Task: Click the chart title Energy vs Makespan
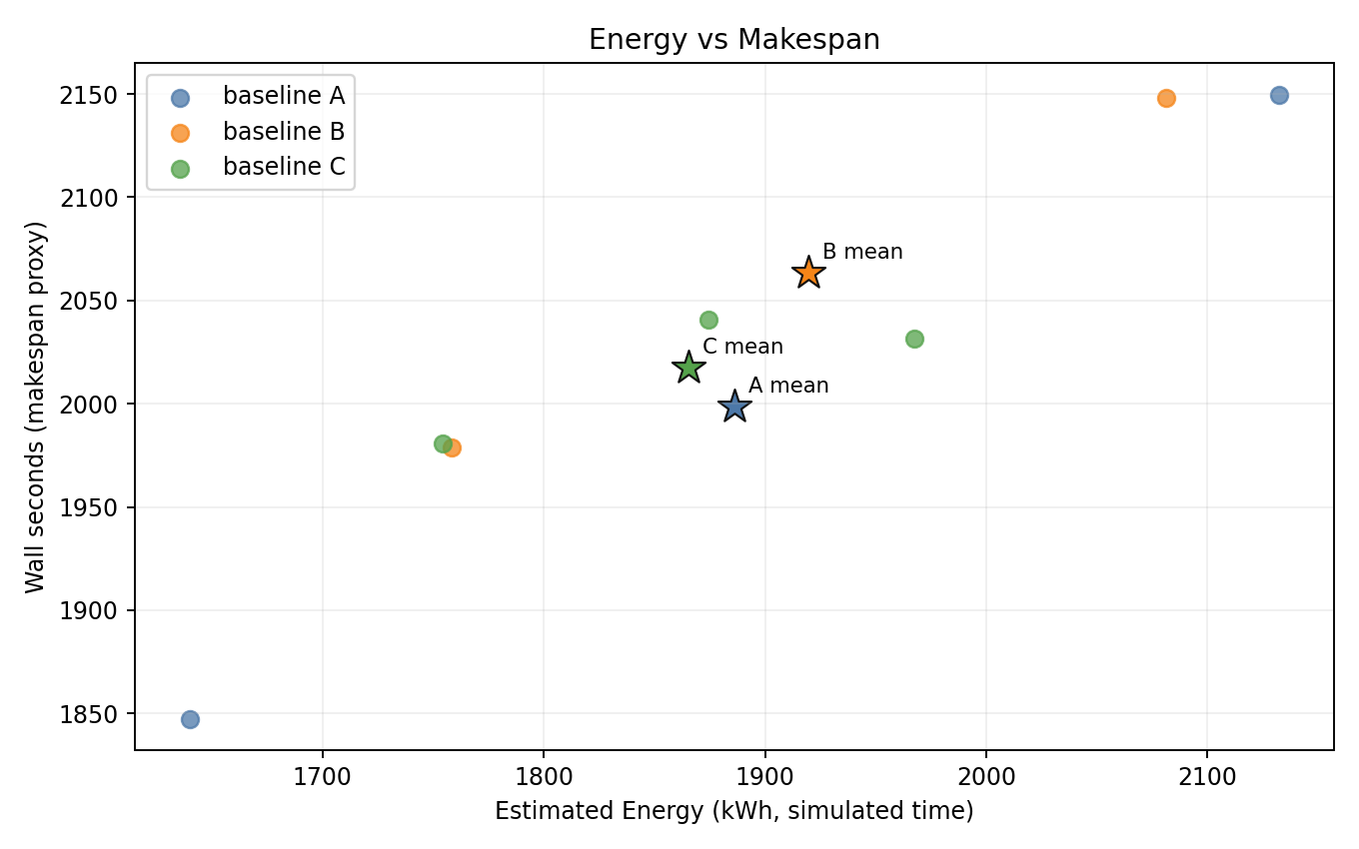[733, 40]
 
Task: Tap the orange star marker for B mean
[808, 273]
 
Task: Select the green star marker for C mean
[687, 368]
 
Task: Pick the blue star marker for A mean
[734, 407]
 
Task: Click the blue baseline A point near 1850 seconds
[190, 719]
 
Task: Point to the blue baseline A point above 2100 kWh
[1279, 96]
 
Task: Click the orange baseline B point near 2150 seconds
[1166, 98]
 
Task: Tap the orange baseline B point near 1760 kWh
[452, 447]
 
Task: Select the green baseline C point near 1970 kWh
[914, 340]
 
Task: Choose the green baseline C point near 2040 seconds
[708, 321]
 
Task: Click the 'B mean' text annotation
[862, 253]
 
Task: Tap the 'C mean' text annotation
[742, 348]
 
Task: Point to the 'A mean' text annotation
[788, 387]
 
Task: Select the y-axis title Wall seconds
[36, 407]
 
